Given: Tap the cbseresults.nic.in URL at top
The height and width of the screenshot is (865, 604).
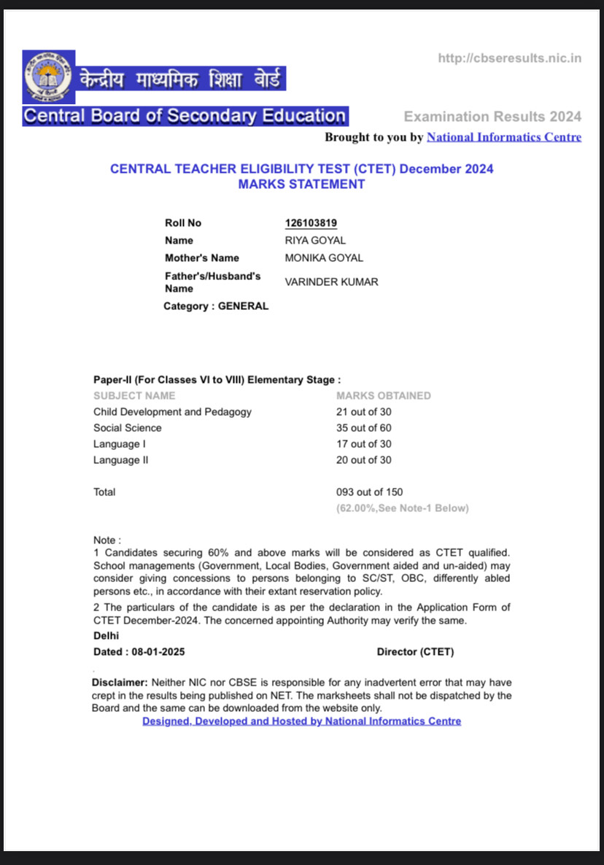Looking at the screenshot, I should click(x=509, y=58).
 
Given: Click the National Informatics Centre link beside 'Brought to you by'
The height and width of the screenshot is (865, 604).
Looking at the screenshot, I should click(x=503, y=137).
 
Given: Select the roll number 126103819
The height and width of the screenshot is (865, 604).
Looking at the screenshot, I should click(x=311, y=223).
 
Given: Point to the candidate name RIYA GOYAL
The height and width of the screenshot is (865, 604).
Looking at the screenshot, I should click(x=315, y=241).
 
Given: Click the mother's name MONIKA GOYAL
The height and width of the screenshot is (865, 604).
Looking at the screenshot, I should click(x=324, y=258).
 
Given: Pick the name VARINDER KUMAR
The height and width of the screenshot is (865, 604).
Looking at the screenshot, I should click(x=331, y=282).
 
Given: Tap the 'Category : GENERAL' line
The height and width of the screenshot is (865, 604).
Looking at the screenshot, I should click(x=216, y=306).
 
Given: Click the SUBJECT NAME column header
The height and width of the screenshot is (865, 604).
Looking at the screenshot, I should click(x=134, y=396).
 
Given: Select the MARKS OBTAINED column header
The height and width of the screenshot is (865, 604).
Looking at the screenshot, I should click(x=384, y=396).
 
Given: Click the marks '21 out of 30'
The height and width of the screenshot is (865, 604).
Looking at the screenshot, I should click(x=364, y=412).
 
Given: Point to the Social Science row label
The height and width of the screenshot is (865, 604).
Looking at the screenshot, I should click(x=128, y=428).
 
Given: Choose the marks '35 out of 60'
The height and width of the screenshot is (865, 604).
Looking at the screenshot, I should click(x=364, y=428).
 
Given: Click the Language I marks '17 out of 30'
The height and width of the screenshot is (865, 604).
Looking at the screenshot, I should click(x=364, y=444).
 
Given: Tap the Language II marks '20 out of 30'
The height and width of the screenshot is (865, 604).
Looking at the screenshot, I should click(x=364, y=460).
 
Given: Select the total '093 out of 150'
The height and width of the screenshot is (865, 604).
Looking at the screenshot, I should click(x=369, y=492).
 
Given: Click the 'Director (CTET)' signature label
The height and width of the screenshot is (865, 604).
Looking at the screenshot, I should click(x=415, y=652).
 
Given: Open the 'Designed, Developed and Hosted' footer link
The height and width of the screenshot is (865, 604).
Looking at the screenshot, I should click(x=301, y=721).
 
